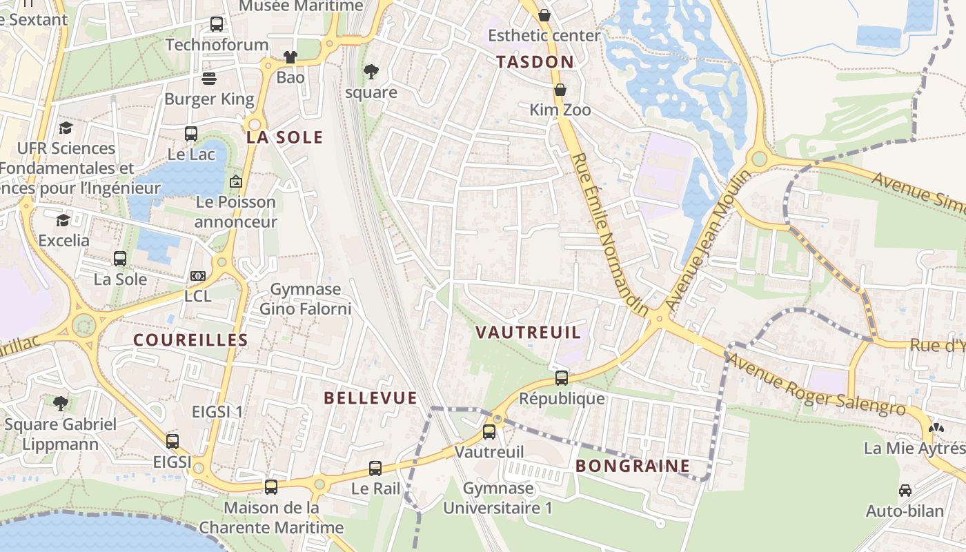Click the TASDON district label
[x=535, y=62]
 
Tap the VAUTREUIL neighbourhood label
[x=528, y=333]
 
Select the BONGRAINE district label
[x=632, y=466]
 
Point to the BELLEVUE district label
[x=371, y=398]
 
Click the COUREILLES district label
[x=190, y=340]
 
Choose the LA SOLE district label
[x=285, y=137]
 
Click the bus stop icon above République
[x=562, y=378]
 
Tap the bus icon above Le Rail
[x=375, y=469]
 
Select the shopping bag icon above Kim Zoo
[x=560, y=90]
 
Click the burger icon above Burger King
[x=209, y=79]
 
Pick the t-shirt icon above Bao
[x=290, y=57]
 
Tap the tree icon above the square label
[x=371, y=71]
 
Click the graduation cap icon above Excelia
[x=63, y=220]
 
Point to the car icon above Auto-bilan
[x=905, y=491]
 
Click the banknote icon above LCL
[x=198, y=276]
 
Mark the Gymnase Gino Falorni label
[x=305, y=299]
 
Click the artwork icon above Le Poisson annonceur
[x=236, y=181]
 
